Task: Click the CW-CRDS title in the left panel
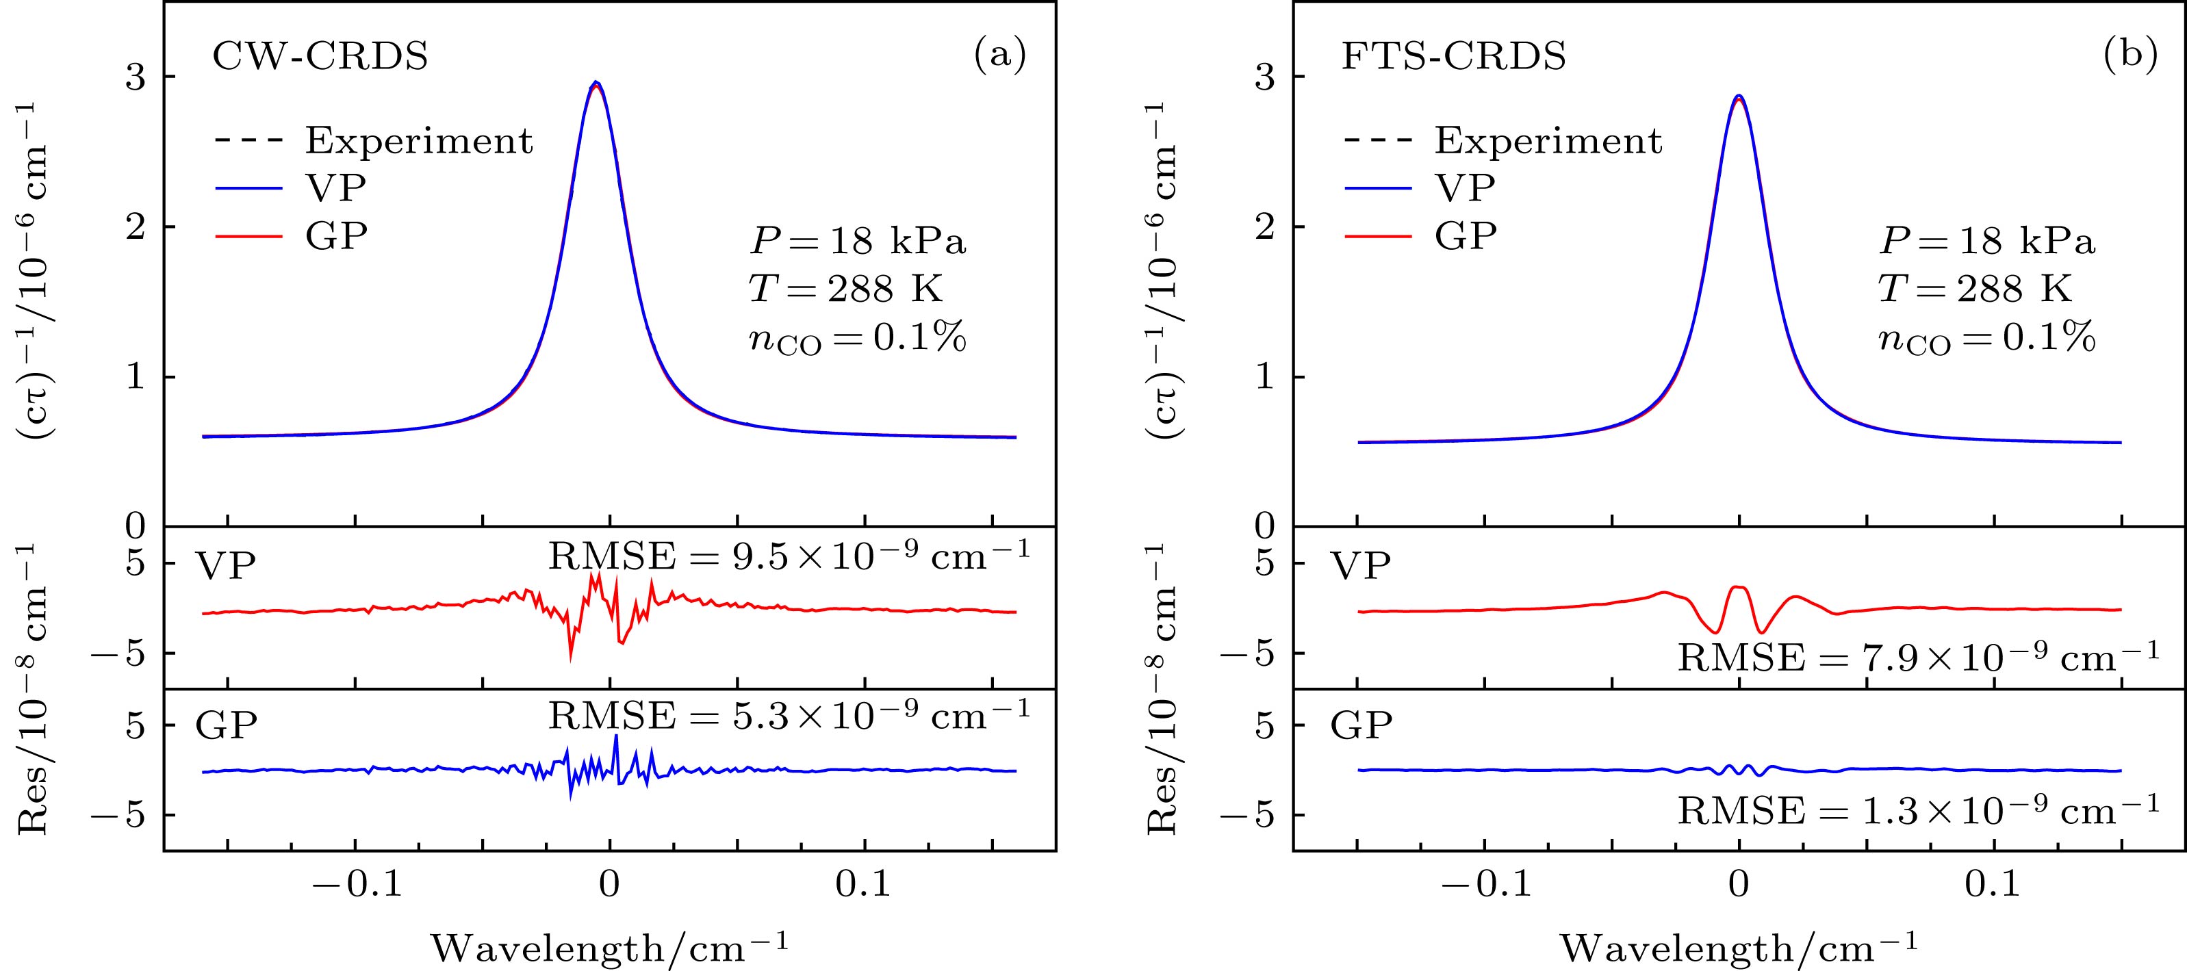320,57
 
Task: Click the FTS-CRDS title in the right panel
1453,57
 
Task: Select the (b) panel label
2130,55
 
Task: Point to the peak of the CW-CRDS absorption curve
597,82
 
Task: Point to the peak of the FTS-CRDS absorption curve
1739,96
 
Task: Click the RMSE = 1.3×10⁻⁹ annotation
1918,812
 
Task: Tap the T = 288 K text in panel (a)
845,289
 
